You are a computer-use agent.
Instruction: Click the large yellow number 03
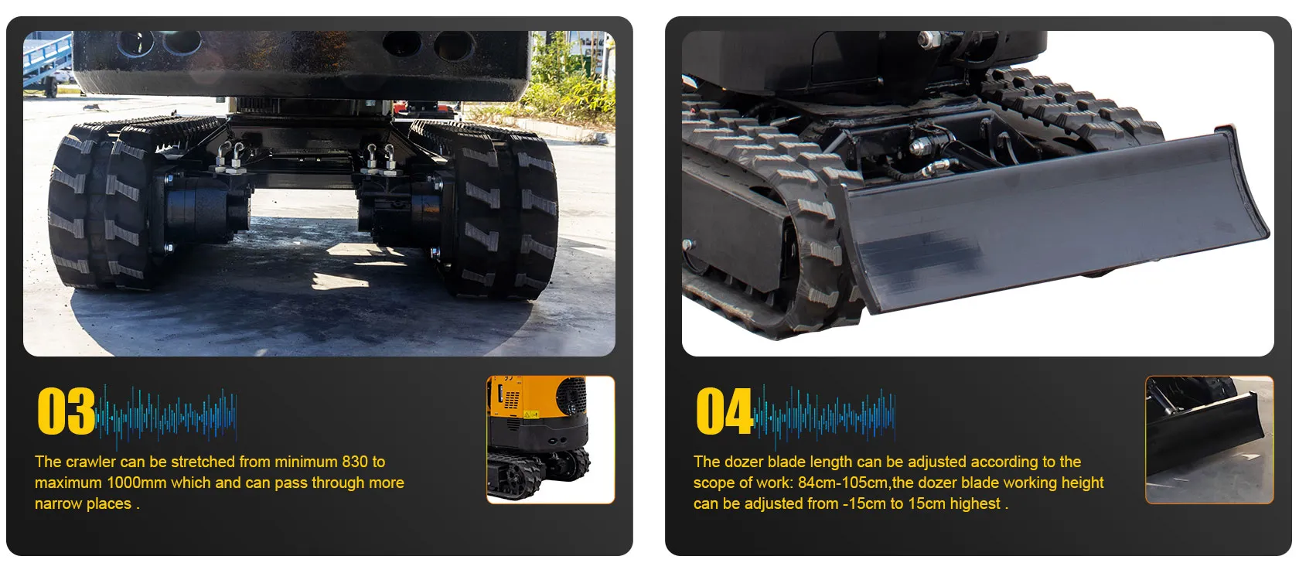[x=66, y=411]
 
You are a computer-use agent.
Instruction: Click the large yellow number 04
[x=725, y=411]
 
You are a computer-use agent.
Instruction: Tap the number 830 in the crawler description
[x=355, y=462]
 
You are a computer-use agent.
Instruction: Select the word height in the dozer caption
[x=1082, y=483]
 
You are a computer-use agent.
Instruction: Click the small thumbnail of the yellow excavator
[x=551, y=439]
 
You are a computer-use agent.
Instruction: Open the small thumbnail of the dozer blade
[x=1209, y=439]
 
